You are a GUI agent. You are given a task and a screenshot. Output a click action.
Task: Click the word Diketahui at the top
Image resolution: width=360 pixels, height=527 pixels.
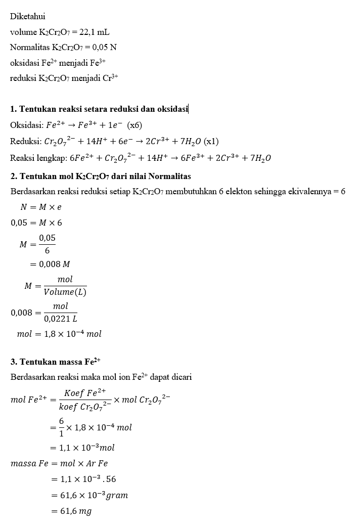coord(27,17)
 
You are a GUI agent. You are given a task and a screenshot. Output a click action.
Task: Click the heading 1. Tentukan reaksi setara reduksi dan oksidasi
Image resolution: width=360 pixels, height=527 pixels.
coord(99,109)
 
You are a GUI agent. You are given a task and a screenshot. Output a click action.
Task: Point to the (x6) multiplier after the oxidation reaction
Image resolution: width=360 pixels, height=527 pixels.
coord(134,125)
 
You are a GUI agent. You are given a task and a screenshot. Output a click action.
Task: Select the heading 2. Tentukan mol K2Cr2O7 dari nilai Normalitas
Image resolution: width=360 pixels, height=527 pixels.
coord(101,176)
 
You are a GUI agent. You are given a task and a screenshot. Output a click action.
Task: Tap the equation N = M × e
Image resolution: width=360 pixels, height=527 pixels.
coord(41,207)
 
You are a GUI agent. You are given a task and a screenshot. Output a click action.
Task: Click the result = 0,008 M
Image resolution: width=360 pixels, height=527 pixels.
coord(53,264)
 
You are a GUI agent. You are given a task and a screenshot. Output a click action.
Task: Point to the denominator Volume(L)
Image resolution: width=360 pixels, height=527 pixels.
coord(65,292)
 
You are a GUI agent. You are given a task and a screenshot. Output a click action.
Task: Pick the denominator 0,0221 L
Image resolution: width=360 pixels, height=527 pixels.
coord(61,319)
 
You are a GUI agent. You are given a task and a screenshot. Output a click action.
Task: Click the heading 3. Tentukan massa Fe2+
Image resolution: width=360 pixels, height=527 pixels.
coord(56,362)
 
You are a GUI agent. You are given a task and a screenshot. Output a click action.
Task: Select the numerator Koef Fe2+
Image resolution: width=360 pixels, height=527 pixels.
coord(85,393)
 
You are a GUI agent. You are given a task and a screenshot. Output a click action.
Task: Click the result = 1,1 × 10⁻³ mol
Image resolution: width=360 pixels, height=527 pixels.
coord(82,448)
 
